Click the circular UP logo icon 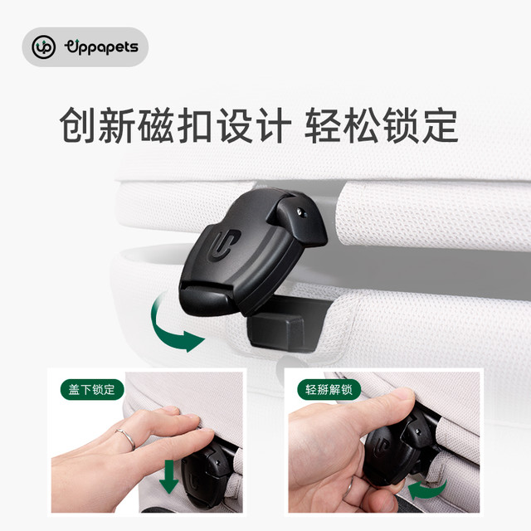(x=43, y=47)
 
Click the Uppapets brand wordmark (x=101, y=47)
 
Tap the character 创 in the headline (x=77, y=124)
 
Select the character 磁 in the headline (x=156, y=124)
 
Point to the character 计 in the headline (x=274, y=124)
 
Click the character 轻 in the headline (x=323, y=124)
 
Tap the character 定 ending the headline (x=441, y=124)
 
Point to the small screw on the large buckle (x=300, y=212)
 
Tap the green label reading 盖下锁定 (x=92, y=389)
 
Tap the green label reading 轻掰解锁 (x=329, y=389)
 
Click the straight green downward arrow (x=168, y=476)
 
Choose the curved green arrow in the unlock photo (x=427, y=490)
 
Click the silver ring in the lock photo (x=126, y=439)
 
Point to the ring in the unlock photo (x=348, y=487)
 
